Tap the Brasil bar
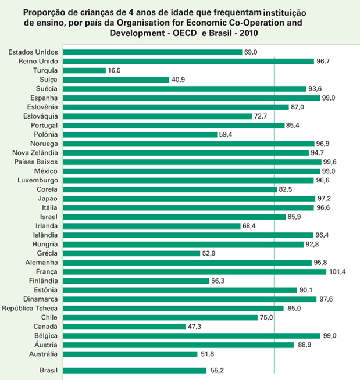point(134,370)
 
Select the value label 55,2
point(217,370)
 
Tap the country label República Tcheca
point(30,308)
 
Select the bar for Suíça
point(116,80)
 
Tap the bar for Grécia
point(131,253)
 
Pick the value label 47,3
point(196,327)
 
